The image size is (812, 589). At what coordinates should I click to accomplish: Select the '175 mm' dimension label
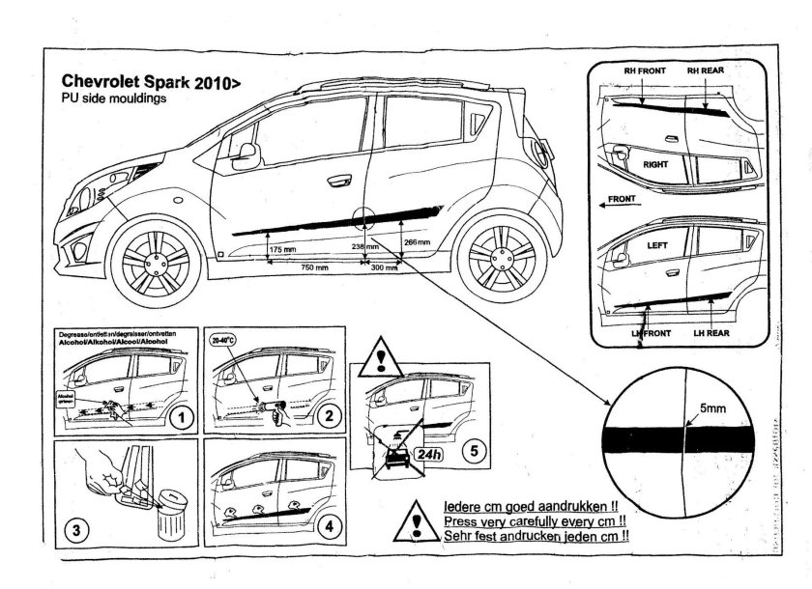pyautogui.click(x=283, y=249)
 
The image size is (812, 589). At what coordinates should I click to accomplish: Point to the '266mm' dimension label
pyautogui.click(x=418, y=241)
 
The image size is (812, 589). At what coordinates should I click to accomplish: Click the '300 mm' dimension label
pyautogui.click(x=385, y=267)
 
